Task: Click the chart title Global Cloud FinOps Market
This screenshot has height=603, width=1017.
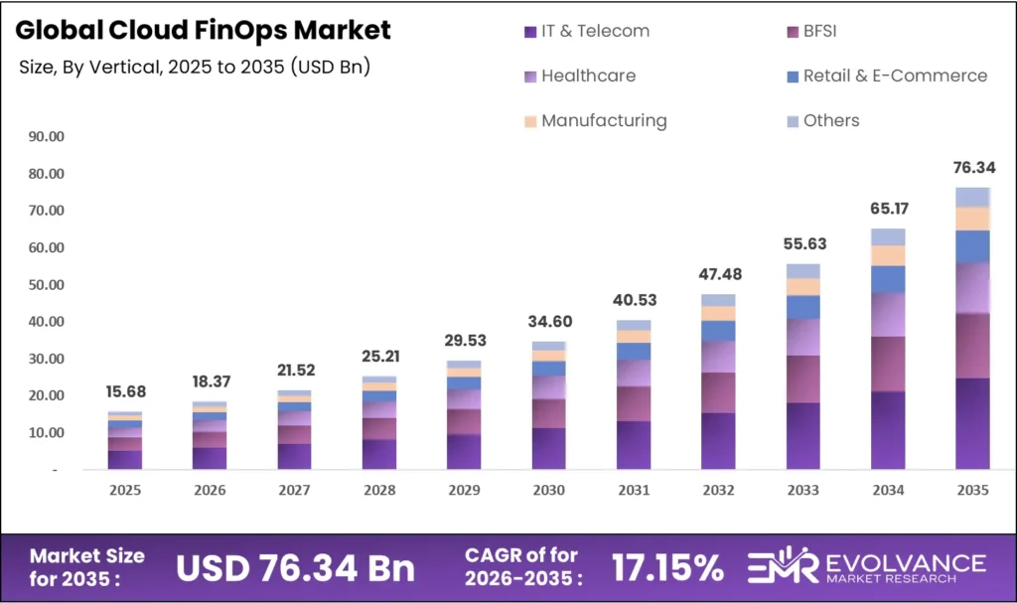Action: pos(203,30)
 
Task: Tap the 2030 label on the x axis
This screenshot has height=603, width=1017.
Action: pos(549,491)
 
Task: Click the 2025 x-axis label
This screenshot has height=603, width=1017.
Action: pos(125,491)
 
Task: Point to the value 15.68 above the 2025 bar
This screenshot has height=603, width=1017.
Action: pos(125,392)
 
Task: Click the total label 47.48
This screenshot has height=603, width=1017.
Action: pos(718,274)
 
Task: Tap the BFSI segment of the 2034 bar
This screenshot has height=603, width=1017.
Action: pos(888,364)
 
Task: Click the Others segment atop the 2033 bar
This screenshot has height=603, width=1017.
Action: pos(802,271)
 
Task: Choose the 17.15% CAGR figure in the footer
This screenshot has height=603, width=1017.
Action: pos(667,567)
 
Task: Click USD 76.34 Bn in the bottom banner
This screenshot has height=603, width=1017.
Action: pos(295,567)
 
